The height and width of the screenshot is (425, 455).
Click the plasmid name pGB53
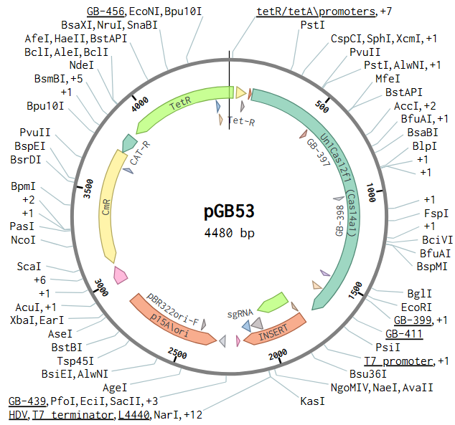point(227,213)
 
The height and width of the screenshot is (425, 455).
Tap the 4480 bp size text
point(229,233)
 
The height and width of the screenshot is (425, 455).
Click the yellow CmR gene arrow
point(110,208)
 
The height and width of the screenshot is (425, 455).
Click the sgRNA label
point(241,314)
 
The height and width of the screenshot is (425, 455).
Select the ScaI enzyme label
point(31,267)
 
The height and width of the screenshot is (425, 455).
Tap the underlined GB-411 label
point(403,333)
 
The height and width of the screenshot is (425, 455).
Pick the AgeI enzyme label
point(115,387)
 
